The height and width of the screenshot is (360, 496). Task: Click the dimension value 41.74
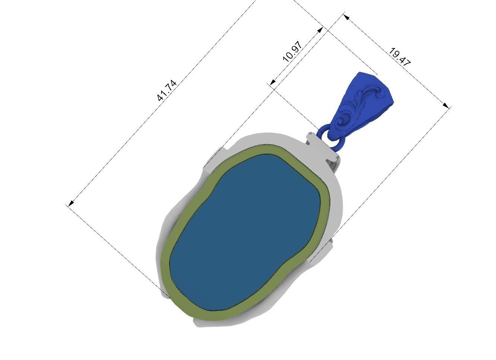(166, 91)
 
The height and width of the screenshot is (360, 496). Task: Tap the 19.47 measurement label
(399, 57)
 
